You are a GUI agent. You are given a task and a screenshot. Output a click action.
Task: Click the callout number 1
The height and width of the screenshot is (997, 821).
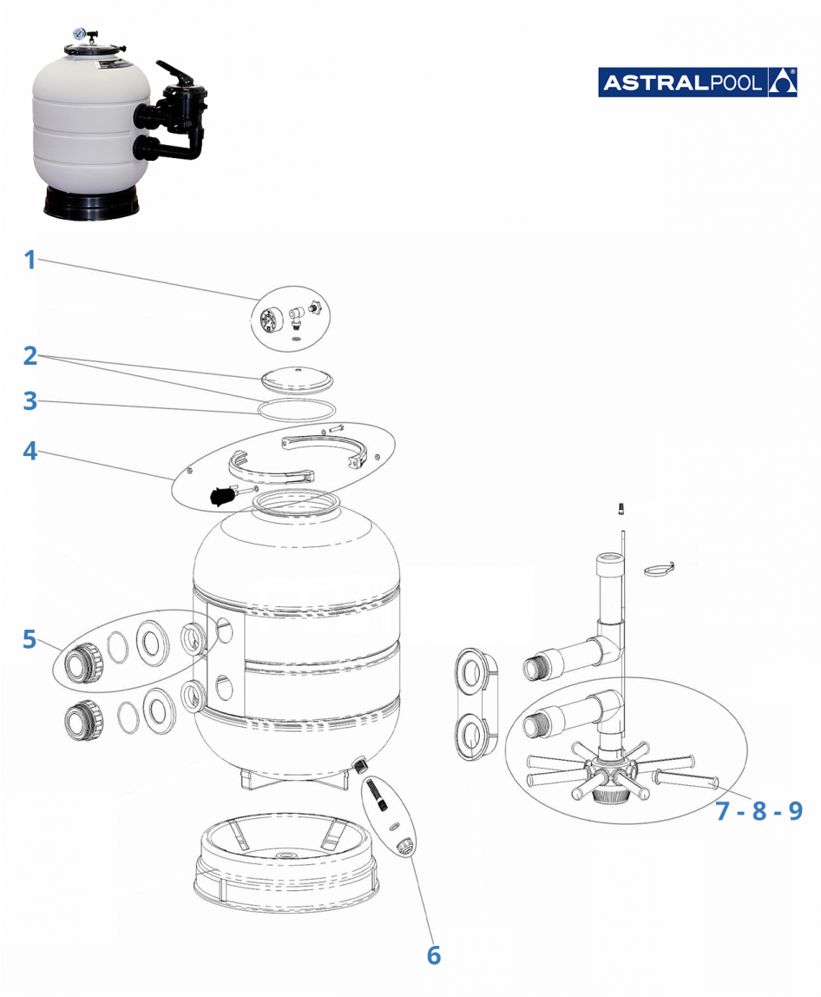tap(30, 259)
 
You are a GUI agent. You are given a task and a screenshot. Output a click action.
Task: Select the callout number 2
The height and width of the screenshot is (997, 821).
tap(30, 355)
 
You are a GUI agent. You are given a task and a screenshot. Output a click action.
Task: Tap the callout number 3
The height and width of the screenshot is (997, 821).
tap(30, 401)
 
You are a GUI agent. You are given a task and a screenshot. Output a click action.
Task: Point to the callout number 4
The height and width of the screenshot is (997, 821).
tap(30, 452)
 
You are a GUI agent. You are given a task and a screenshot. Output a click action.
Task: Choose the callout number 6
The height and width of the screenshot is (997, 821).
tap(434, 954)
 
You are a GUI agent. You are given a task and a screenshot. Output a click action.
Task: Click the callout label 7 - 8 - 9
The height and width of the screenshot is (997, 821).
tap(759, 811)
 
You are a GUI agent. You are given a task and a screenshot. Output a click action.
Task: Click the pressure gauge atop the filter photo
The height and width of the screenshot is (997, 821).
tap(79, 34)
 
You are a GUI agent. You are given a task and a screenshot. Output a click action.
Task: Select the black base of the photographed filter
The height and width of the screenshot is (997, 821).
tap(92, 202)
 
